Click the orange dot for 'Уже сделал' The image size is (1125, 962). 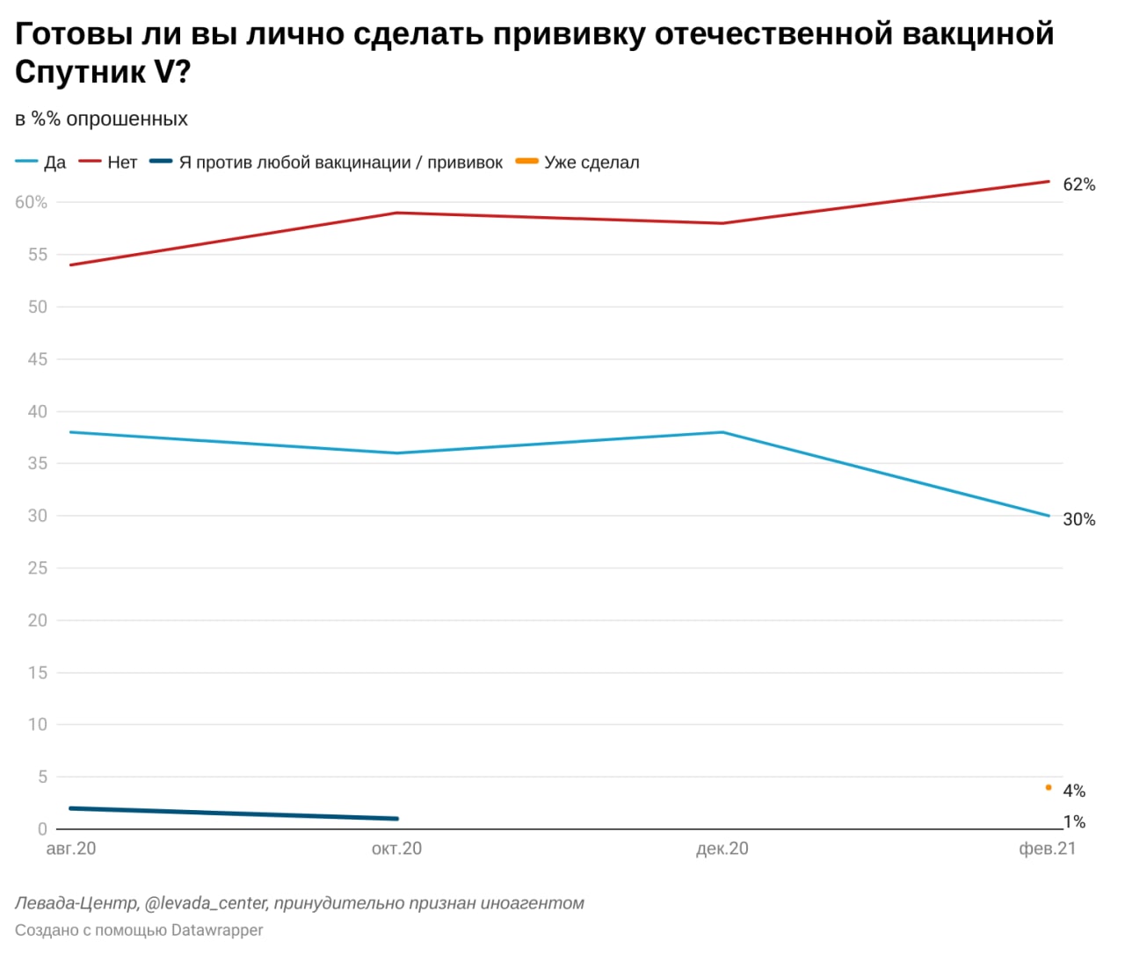click(1049, 787)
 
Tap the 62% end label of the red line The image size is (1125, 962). click(1079, 184)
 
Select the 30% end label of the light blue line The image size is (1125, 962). click(1079, 519)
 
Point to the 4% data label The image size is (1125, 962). click(1074, 791)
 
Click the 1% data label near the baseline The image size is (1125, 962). click(1074, 822)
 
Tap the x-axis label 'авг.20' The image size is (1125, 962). click(71, 849)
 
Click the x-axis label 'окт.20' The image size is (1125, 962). click(396, 849)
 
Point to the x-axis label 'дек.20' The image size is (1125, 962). click(722, 849)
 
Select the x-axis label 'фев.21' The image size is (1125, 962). click(1047, 849)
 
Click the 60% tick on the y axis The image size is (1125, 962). click(31, 202)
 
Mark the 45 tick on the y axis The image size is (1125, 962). click(37, 359)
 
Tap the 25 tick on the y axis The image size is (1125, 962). click(37, 568)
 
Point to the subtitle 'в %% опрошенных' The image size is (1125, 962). click(101, 119)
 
